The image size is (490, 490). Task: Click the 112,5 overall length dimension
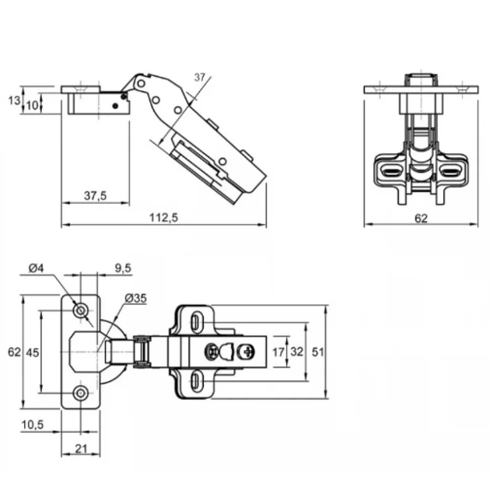(x=163, y=217)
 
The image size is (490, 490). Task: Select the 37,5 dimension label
(x=96, y=196)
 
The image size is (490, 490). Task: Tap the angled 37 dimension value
(x=200, y=77)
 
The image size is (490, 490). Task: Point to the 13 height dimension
(x=14, y=100)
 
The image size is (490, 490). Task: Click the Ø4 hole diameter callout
(x=37, y=268)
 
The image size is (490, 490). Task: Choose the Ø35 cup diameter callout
(x=135, y=298)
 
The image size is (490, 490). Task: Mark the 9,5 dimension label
(x=123, y=268)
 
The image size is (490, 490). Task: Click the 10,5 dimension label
(x=33, y=425)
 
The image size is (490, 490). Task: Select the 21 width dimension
(x=81, y=449)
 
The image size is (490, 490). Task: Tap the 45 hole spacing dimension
(x=33, y=352)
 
